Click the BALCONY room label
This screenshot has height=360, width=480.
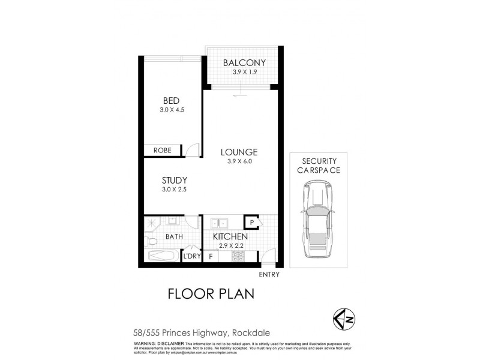tap(244, 63)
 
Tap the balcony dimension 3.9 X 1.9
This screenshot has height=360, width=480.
tap(244, 73)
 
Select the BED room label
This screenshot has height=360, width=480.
tap(172, 100)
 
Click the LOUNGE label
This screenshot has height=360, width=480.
tap(238, 152)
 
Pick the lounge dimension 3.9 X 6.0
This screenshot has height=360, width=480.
tap(238, 162)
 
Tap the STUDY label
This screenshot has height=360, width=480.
tap(175, 180)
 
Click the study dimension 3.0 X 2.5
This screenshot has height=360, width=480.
tap(175, 190)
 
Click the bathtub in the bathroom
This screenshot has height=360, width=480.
tap(162, 257)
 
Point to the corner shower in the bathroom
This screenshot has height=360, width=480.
tap(150, 223)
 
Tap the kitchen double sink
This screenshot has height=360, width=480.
tap(217, 223)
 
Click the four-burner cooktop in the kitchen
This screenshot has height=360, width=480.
tap(237, 256)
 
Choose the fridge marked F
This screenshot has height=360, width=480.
tap(211, 256)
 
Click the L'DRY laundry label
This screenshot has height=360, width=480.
tap(191, 256)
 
